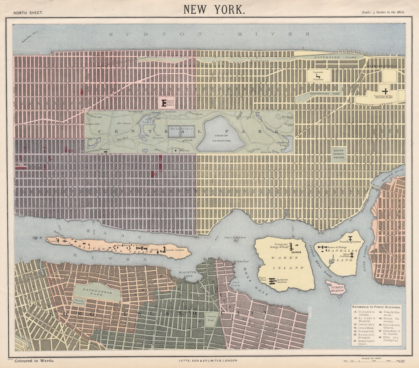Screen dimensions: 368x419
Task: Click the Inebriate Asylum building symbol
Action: pos(273,282)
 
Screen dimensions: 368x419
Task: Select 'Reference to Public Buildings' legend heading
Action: pos(376,306)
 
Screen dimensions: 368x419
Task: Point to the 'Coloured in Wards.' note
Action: pos(34,361)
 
